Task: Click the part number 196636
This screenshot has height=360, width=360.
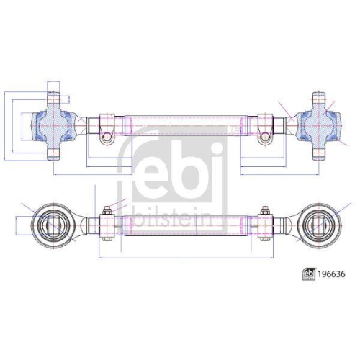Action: click(331, 274)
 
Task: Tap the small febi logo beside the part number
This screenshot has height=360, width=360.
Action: click(309, 274)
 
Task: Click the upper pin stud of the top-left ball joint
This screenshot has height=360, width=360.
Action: click(53, 99)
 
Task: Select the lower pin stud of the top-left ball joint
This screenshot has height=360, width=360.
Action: click(53, 154)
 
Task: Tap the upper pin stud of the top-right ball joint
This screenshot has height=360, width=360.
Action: click(319, 99)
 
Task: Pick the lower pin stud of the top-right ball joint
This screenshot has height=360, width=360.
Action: click(319, 154)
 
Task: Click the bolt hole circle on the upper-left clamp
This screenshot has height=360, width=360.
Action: click(107, 138)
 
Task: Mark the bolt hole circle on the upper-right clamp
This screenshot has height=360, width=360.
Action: click(265, 138)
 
